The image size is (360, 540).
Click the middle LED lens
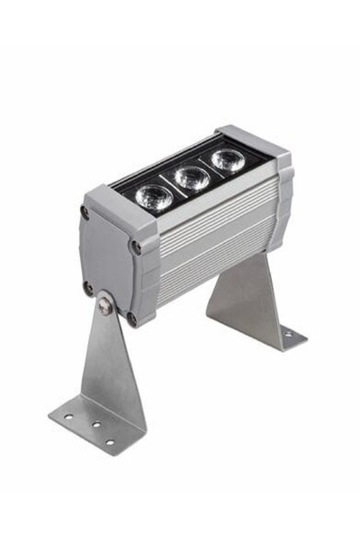pyautogui.click(x=192, y=177)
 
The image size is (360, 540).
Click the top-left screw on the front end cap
pyautogui.click(x=85, y=212)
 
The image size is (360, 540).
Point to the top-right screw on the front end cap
pyautogui.click(x=136, y=245)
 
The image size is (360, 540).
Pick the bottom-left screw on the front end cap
pyautogui.click(x=87, y=288)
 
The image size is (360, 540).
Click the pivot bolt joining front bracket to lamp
pyautogui.click(x=107, y=306)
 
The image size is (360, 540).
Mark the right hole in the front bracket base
pyautogui.click(x=109, y=441)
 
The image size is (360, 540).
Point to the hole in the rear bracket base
pyautogui.click(x=288, y=334)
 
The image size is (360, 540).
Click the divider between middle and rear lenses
pyautogui.click(x=210, y=169)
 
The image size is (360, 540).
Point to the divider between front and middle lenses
pyautogui.click(x=174, y=185)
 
